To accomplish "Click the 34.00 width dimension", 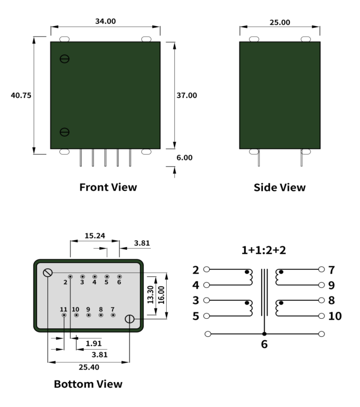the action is click(105, 21).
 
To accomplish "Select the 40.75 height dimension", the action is click(21, 95).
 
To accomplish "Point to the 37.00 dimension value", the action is click(187, 95).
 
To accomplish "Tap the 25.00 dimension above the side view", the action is click(280, 22).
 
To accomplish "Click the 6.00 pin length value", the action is click(184, 158).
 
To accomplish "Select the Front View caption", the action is click(108, 187).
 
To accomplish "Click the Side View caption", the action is click(280, 188).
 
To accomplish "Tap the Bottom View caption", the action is click(88, 384).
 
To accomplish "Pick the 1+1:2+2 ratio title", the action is click(264, 250).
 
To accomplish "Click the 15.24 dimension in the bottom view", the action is click(95, 236).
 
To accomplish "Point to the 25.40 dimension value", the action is click(89, 367).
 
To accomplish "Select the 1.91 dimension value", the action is click(93, 343).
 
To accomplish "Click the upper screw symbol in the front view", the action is click(65, 59).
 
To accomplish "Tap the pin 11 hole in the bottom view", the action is click(64, 315).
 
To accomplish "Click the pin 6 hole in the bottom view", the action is click(119, 277).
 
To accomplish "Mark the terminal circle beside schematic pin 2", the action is click(207, 269).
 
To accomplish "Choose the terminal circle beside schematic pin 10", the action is click(321, 316).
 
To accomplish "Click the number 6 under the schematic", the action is click(264, 344).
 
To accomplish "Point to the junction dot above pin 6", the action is click(264, 334).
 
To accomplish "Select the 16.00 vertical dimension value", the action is click(161, 295).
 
